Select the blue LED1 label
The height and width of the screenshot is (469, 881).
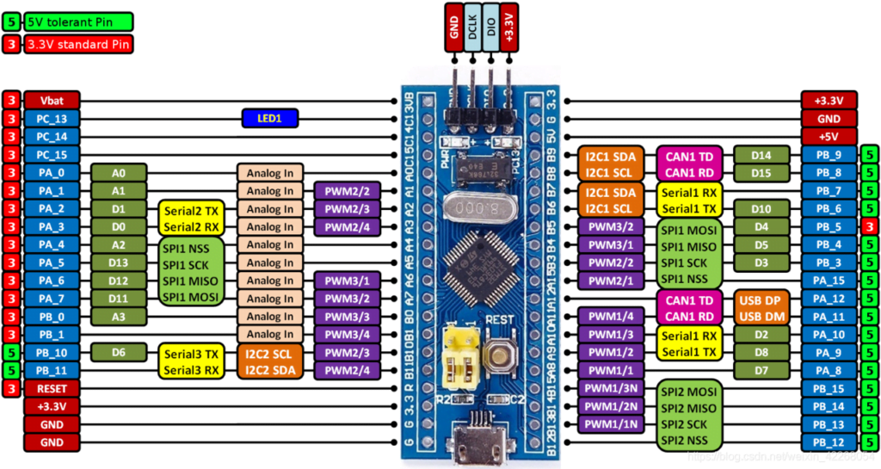click(269, 118)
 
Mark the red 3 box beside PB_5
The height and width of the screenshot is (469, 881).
click(869, 226)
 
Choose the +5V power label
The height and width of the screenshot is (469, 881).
click(829, 136)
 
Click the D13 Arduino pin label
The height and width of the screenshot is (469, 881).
click(118, 262)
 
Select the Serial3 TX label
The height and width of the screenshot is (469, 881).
click(189, 353)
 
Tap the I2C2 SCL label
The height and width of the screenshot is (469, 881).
click(268, 353)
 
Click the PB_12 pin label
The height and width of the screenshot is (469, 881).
click(829, 441)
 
